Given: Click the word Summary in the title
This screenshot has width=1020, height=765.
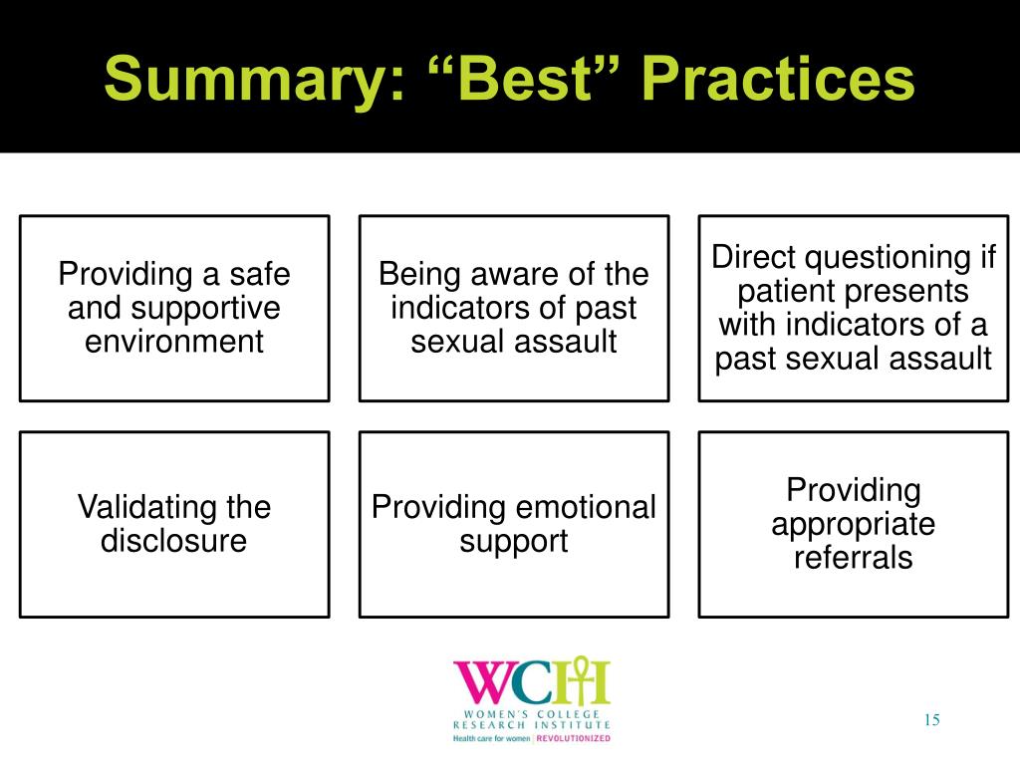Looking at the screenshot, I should (243, 80).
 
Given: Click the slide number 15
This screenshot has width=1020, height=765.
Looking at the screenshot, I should (932, 720).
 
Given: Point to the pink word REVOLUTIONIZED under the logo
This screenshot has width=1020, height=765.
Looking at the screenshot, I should (574, 739).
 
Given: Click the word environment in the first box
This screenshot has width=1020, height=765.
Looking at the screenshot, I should (174, 343).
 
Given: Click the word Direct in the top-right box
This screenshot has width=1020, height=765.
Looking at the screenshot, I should (754, 258).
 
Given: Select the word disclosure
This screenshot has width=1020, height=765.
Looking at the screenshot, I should (174, 542).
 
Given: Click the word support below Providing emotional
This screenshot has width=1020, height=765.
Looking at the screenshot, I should (514, 542).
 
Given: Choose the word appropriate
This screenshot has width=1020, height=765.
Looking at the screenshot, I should (853, 524).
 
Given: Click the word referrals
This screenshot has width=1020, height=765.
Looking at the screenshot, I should (853, 558).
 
